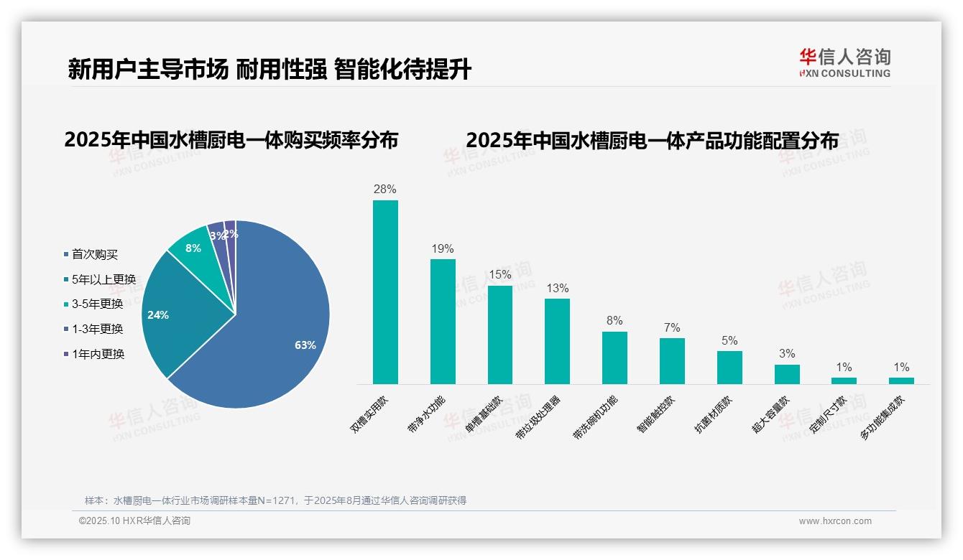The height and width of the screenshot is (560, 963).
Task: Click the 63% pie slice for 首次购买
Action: coord(280,337)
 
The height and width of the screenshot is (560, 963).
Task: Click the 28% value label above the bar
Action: coord(385,190)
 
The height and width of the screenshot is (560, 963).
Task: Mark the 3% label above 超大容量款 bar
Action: coord(787,354)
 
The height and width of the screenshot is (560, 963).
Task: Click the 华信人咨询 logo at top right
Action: coord(844,62)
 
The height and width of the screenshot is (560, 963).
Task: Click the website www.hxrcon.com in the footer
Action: coord(835,521)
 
